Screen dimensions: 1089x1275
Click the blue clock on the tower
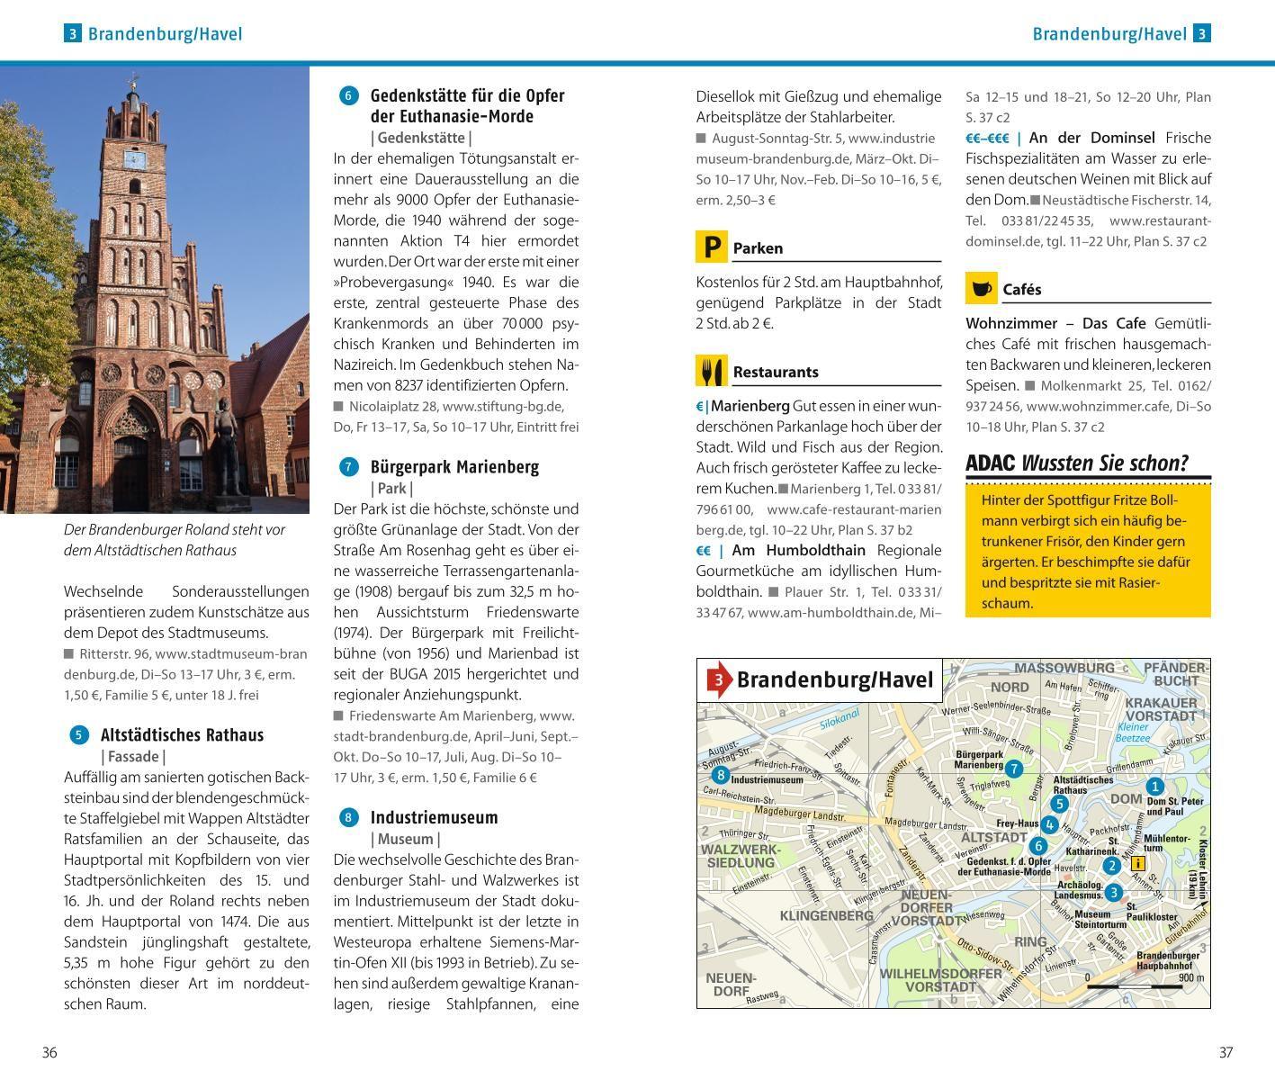point(133,160)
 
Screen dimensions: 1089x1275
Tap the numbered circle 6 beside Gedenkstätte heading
point(348,95)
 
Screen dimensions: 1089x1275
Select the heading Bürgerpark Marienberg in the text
point(454,467)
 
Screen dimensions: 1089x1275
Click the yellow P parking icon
point(711,247)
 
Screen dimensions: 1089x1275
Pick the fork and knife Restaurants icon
point(711,371)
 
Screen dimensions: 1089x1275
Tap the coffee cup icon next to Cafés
point(981,288)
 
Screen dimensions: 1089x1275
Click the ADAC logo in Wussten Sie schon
point(990,463)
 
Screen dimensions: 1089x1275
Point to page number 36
point(49,1052)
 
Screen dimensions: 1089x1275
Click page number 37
point(1226,1052)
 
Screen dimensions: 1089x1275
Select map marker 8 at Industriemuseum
point(720,775)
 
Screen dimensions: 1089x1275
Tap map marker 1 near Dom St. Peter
point(1154,787)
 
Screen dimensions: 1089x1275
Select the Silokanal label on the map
point(839,718)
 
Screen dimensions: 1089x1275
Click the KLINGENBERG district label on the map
point(826,915)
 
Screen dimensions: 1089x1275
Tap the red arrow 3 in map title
point(718,680)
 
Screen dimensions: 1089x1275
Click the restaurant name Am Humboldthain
point(798,550)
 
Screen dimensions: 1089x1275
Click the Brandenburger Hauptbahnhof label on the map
point(1167,959)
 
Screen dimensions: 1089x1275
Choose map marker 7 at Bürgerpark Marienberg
point(1014,769)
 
